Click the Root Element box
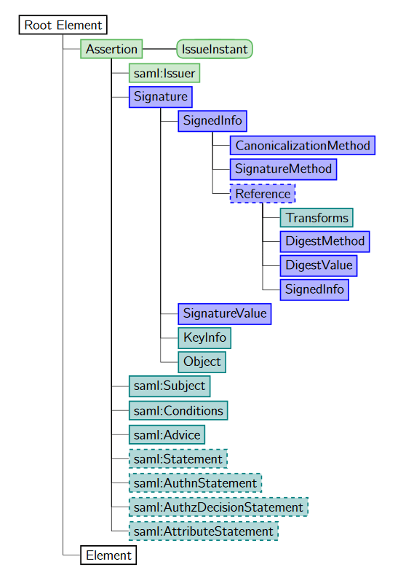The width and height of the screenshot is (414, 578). point(63,26)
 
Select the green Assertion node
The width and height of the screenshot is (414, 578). point(111,50)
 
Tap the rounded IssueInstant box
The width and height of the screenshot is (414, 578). point(215,50)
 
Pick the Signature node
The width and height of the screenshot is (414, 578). point(161,97)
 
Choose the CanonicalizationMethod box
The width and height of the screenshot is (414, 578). point(303,145)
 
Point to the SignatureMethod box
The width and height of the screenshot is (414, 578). point(283,169)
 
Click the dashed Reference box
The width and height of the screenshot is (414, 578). point(263,194)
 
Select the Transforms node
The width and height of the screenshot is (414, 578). point(317,218)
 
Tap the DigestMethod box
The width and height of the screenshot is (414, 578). point(325,241)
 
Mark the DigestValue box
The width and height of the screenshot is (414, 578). point(319,265)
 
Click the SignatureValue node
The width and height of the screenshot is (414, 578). point(225,313)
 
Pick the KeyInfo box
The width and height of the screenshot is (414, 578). point(204,337)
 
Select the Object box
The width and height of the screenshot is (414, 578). point(202,362)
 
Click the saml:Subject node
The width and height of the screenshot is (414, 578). point(170,386)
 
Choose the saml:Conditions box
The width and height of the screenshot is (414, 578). point(178,410)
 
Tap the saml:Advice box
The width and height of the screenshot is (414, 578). point(167,434)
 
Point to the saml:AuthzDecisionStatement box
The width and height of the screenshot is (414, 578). point(218,507)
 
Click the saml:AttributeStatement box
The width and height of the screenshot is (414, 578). point(203,531)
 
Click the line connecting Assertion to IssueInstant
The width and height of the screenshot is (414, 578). point(159,50)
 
